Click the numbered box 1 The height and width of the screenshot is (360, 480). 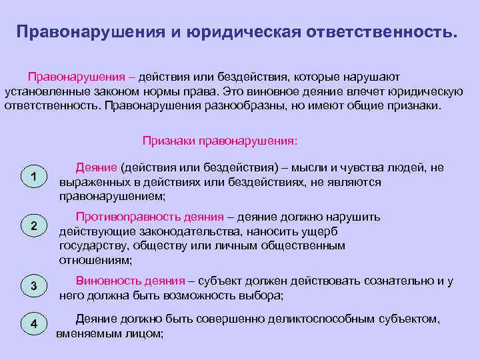click(x=33, y=177)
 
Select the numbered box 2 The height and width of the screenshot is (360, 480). click(x=33, y=226)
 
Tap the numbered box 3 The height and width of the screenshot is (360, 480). click(x=33, y=286)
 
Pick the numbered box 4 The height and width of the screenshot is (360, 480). click(x=33, y=324)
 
